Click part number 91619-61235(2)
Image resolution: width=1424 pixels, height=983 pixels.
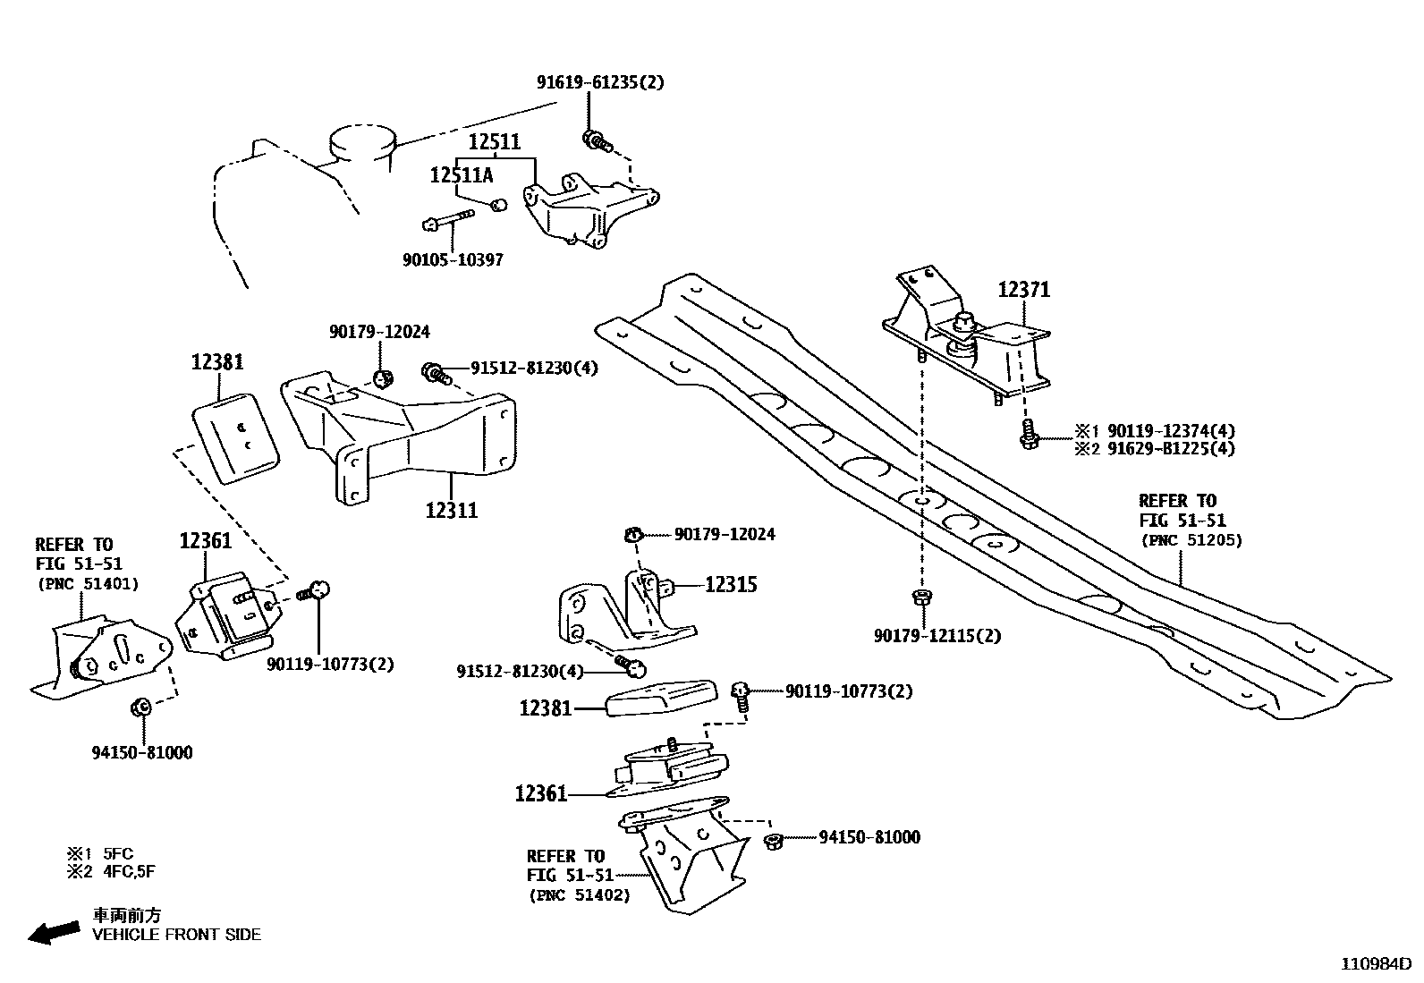click(600, 82)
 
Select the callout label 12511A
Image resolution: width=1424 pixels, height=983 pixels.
click(461, 175)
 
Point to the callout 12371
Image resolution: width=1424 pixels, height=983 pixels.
click(1024, 290)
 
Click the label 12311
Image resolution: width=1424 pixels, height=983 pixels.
click(452, 511)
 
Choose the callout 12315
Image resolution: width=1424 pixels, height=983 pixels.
click(731, 585)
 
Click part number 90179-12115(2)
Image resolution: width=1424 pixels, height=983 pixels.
click(937, 636)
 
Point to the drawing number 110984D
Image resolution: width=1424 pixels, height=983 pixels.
click(1375, 964)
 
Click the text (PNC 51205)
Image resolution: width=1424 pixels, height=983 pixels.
click(1191, 540)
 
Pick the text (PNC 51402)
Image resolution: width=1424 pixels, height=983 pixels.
click(579, 894)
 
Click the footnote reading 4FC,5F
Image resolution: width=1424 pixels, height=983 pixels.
click(129, 871)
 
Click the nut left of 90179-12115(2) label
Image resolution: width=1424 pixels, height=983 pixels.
click(920, 597)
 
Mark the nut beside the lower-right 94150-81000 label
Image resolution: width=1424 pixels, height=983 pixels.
click(774, 840)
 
